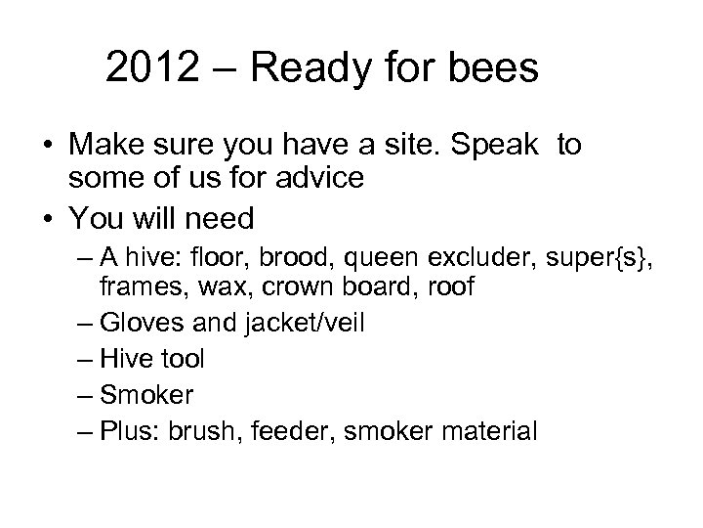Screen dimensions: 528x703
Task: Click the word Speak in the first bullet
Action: [498, 147]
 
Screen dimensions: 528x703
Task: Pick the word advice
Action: [333, 180]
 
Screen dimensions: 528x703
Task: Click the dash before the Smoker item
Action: [83, 394]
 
